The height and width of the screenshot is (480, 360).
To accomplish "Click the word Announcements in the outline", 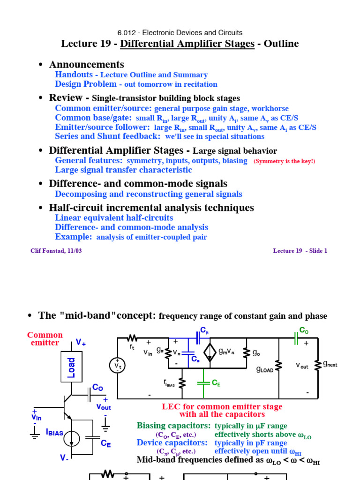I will click(x=87, y=65).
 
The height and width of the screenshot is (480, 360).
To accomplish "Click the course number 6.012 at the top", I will click(x=127, y=33).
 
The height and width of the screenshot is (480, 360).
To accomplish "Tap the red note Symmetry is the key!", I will click(x=285, y=161).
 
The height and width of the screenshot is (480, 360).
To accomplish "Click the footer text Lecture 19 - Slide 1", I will click(x=300, y=251).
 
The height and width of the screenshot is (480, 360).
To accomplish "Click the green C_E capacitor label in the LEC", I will click(x=216, y=383).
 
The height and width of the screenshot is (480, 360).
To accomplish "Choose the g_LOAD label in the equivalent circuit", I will click(x=265, y=369).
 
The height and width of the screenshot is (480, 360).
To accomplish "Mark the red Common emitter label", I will click(x=45, y=339).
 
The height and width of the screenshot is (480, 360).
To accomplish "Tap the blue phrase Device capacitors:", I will click(x=172, y=442).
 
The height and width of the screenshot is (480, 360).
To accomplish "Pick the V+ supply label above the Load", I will click(x=81, y=342).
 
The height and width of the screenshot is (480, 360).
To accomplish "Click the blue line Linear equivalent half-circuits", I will click(x=114, y=218).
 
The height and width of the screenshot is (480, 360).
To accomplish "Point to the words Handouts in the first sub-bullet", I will click(x=72, y=75).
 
